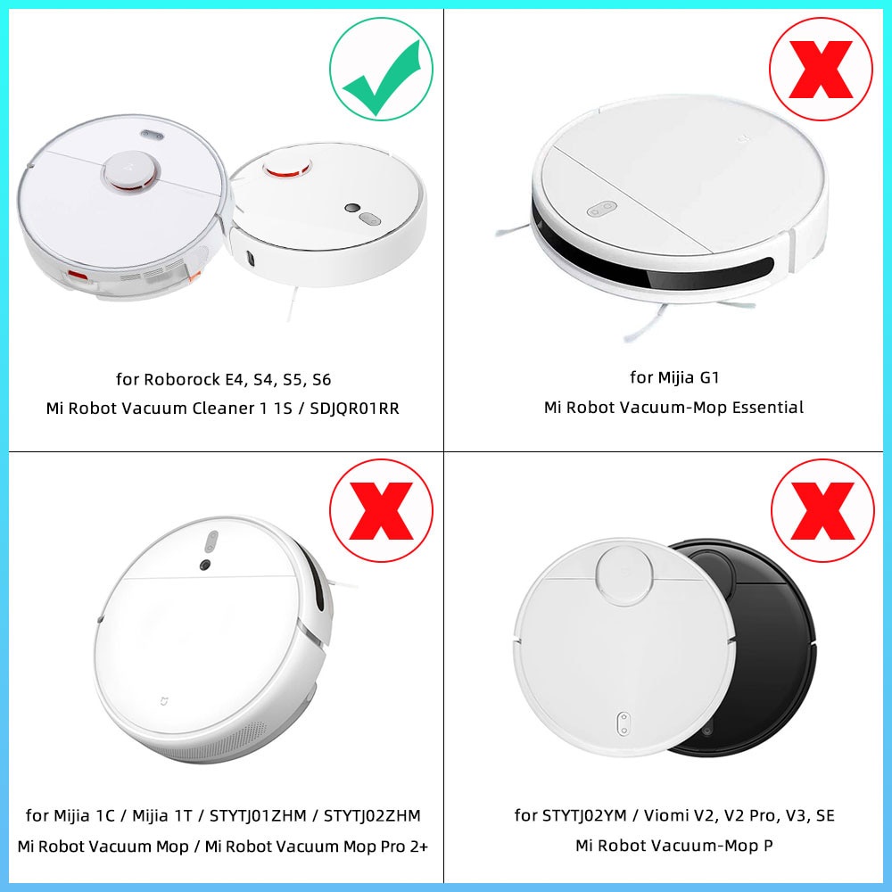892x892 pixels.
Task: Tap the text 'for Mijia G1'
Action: click(673, 377)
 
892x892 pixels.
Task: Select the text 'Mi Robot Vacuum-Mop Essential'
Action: click(673, 408)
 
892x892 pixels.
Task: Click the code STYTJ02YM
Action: click(589, 815)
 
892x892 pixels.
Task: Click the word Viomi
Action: click(680, 815)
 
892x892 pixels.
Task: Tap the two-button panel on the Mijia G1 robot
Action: click(603, 208)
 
